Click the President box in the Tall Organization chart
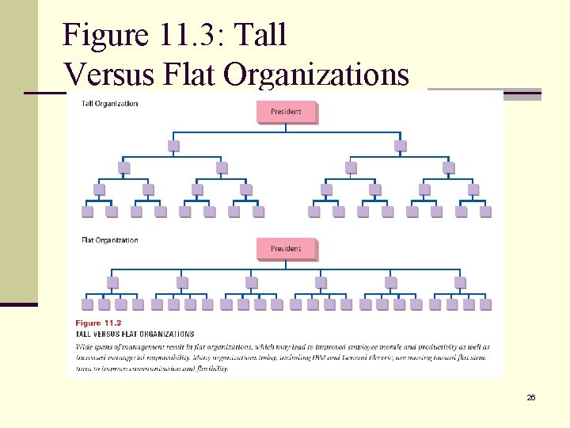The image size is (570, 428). (286, 112)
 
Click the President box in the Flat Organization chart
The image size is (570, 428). (286, 249)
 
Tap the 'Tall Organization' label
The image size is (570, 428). (110, 104)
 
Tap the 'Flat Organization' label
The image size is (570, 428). (110, 240)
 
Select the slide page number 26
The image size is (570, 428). (531, 397)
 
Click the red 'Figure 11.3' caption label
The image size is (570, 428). (98, 323)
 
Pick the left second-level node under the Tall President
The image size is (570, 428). (173, 146)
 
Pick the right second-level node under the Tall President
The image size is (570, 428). (401, 146)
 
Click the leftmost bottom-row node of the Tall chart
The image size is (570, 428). (87, 212)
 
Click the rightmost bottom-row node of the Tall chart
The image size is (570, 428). (485, 212)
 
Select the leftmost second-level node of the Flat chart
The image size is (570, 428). (112, 282)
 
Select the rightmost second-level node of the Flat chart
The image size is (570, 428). (460, 282)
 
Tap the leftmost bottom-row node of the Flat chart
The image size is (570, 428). (87, 304)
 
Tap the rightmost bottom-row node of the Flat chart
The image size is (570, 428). (485, 304)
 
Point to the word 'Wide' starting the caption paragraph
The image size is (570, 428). (85, 347)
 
